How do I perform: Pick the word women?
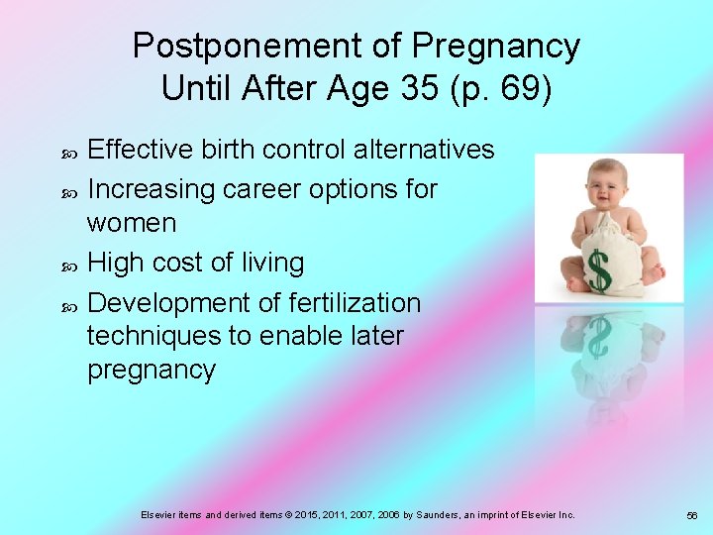pyautogui.click(x=132, y=223)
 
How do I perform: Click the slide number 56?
pyautogui.click(x=691, y=515)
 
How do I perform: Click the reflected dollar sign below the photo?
pyautogui.click(x=598, y=337)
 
